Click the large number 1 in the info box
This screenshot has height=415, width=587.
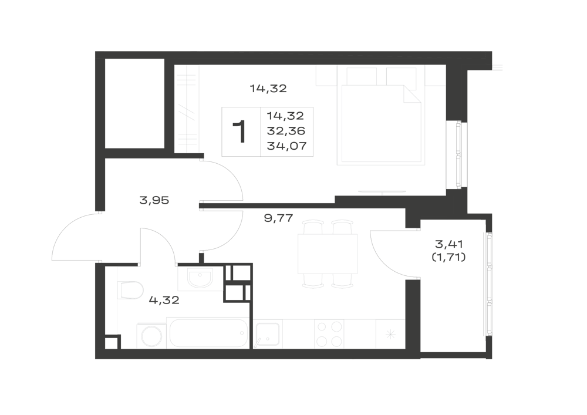point(239,131)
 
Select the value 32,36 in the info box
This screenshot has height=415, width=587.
point(286,131)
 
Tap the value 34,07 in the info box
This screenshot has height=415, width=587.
point(287,146)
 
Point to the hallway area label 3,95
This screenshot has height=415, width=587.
point(154,201)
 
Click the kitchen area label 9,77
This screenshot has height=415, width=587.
point(278,218)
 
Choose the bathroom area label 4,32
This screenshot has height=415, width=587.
point(164,300)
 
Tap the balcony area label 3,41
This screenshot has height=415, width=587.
point(449,244)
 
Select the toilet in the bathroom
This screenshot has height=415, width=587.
point(131,291)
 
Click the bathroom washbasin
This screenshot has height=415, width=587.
point(200,279)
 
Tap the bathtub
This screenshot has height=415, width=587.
point(209,333)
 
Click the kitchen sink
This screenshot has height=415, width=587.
point(267,335)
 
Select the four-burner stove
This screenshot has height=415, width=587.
point(329,334)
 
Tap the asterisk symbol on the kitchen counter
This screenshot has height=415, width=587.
point(390,334)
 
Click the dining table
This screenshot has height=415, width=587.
point(328,254)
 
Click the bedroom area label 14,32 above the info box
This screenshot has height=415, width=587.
point(268,89)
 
